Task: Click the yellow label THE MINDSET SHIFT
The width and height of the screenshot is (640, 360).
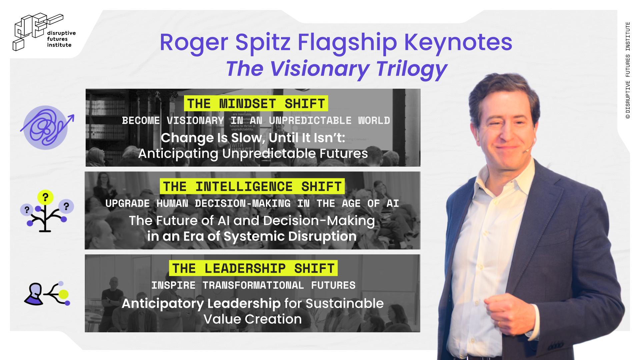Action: pyautogui.click(x=256, y=104)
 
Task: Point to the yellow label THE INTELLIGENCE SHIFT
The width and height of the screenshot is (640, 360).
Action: pyautogui.click(x=252, y=186)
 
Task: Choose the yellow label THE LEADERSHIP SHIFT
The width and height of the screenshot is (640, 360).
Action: pyautogui.click(x=253, y=268)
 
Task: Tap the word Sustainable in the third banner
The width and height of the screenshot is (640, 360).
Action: pyautogui.click(x=345, y=303)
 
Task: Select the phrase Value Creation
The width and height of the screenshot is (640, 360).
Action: pyautogui.click(x=252, y=319)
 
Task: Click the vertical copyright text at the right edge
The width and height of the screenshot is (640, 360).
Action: pyautogui.click(x=628, y=70)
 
